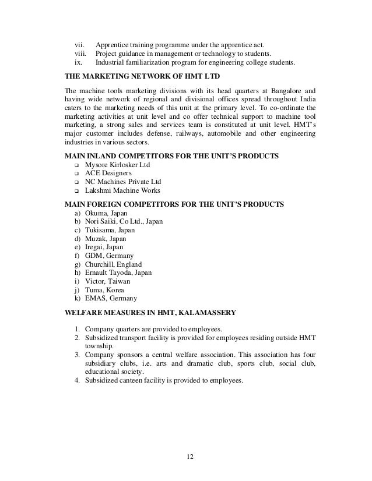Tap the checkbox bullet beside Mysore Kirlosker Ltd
pyautogui.click(x=76, y=165)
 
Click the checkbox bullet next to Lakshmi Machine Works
pyautogui.click(x=76, y=190)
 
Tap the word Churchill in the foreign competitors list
pyautogui.click(x=99, y=264)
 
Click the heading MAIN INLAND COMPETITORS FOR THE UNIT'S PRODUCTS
pyautogui.click(x=171, y=155)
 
